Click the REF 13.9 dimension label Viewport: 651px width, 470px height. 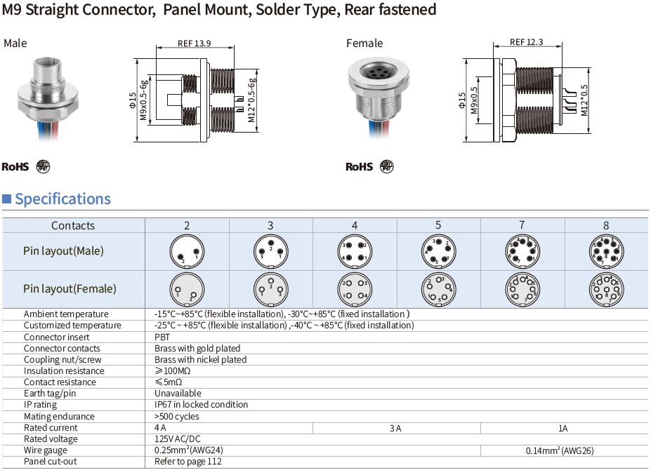pos(195,43)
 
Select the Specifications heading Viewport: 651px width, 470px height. pos(63,199)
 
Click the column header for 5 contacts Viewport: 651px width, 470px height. pos(438,225)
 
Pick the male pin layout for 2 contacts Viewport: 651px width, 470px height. pos(187,252)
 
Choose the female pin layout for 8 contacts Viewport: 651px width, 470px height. pos(605,289)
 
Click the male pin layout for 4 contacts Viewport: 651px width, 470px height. pos(355,252)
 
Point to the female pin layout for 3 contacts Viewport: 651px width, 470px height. pos(270,289)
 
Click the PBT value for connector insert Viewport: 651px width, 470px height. pos(162,337)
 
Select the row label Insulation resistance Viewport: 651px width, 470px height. pos(64,371)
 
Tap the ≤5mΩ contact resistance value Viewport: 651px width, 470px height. pos(166,382)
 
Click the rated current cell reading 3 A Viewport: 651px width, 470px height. pos(396,428)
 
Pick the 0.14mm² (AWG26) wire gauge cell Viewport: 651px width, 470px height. pos(564,450)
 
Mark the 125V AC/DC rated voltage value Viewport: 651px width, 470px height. pos(177,439)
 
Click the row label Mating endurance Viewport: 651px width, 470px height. pos(59,417)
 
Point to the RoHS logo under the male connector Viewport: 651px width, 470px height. pos(15,167)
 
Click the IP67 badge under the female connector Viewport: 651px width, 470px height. pos(387,166)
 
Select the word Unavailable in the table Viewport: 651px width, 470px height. pos(178,394)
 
